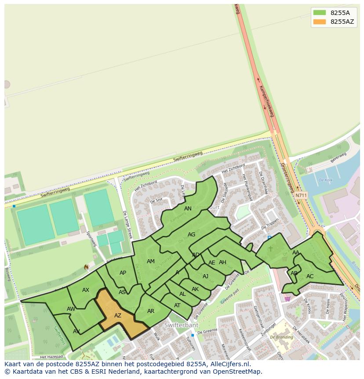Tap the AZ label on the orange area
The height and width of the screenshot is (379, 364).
tap(118, 316)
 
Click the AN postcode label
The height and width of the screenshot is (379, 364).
tap(188, 209)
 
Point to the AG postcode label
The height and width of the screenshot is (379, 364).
tap(191, 235)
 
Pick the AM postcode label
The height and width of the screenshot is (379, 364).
tap(151, 261)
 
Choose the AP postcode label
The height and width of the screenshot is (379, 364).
tap(123, 273)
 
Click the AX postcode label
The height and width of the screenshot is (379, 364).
tap(86, 290)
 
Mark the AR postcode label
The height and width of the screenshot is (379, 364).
tap(151, 311)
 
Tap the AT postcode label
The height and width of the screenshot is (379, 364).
tap(177, 305)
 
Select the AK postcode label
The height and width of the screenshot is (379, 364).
tap(195, 289)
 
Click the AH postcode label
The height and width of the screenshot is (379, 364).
tap(222, 262)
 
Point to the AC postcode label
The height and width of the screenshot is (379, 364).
tap(310, 276)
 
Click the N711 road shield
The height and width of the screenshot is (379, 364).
tap(301, 195)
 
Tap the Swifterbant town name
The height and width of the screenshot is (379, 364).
tap(182, 325)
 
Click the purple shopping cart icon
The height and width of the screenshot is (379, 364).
tap(288, 298)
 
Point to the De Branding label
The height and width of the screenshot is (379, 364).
tap(282, 337)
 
